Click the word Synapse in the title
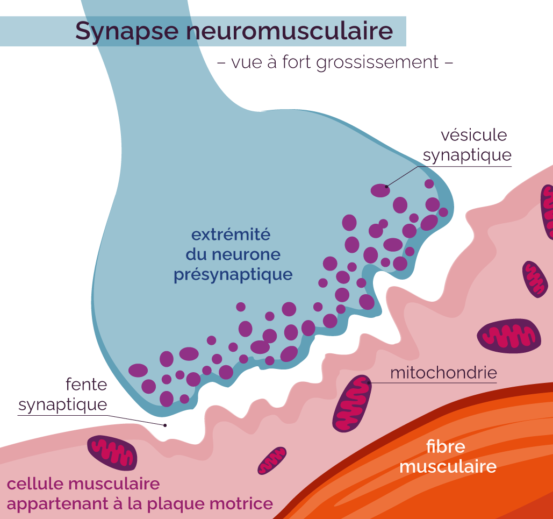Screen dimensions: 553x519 click(x=127, y=32)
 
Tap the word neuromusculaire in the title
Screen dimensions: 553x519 click(x=290, y=31)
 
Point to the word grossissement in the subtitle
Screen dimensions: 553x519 click(x=377, y=63)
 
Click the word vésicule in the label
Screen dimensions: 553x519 click(x=473, y=135)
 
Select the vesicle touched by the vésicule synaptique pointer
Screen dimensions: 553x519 click(x=380, y=190)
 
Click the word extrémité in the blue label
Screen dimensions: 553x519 click(x=231, y=235)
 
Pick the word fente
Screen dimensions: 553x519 click(x=87, y=384)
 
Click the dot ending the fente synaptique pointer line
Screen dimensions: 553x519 click(x=164, y=425)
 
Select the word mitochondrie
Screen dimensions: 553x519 click(x=443, y=373)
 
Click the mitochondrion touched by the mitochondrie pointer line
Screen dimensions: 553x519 click(x=352, y=403)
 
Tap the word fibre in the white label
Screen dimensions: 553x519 click(x=446, y=446)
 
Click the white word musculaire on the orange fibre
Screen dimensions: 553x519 click(x=448, y=466)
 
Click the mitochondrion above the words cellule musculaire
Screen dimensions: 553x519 click(x=112, y=453)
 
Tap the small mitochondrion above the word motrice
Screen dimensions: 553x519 click(x=272, y=461)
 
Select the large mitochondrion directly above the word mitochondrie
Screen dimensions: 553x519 click(x=509, y=336)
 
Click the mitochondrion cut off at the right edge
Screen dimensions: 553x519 click(x=547, y=212)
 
